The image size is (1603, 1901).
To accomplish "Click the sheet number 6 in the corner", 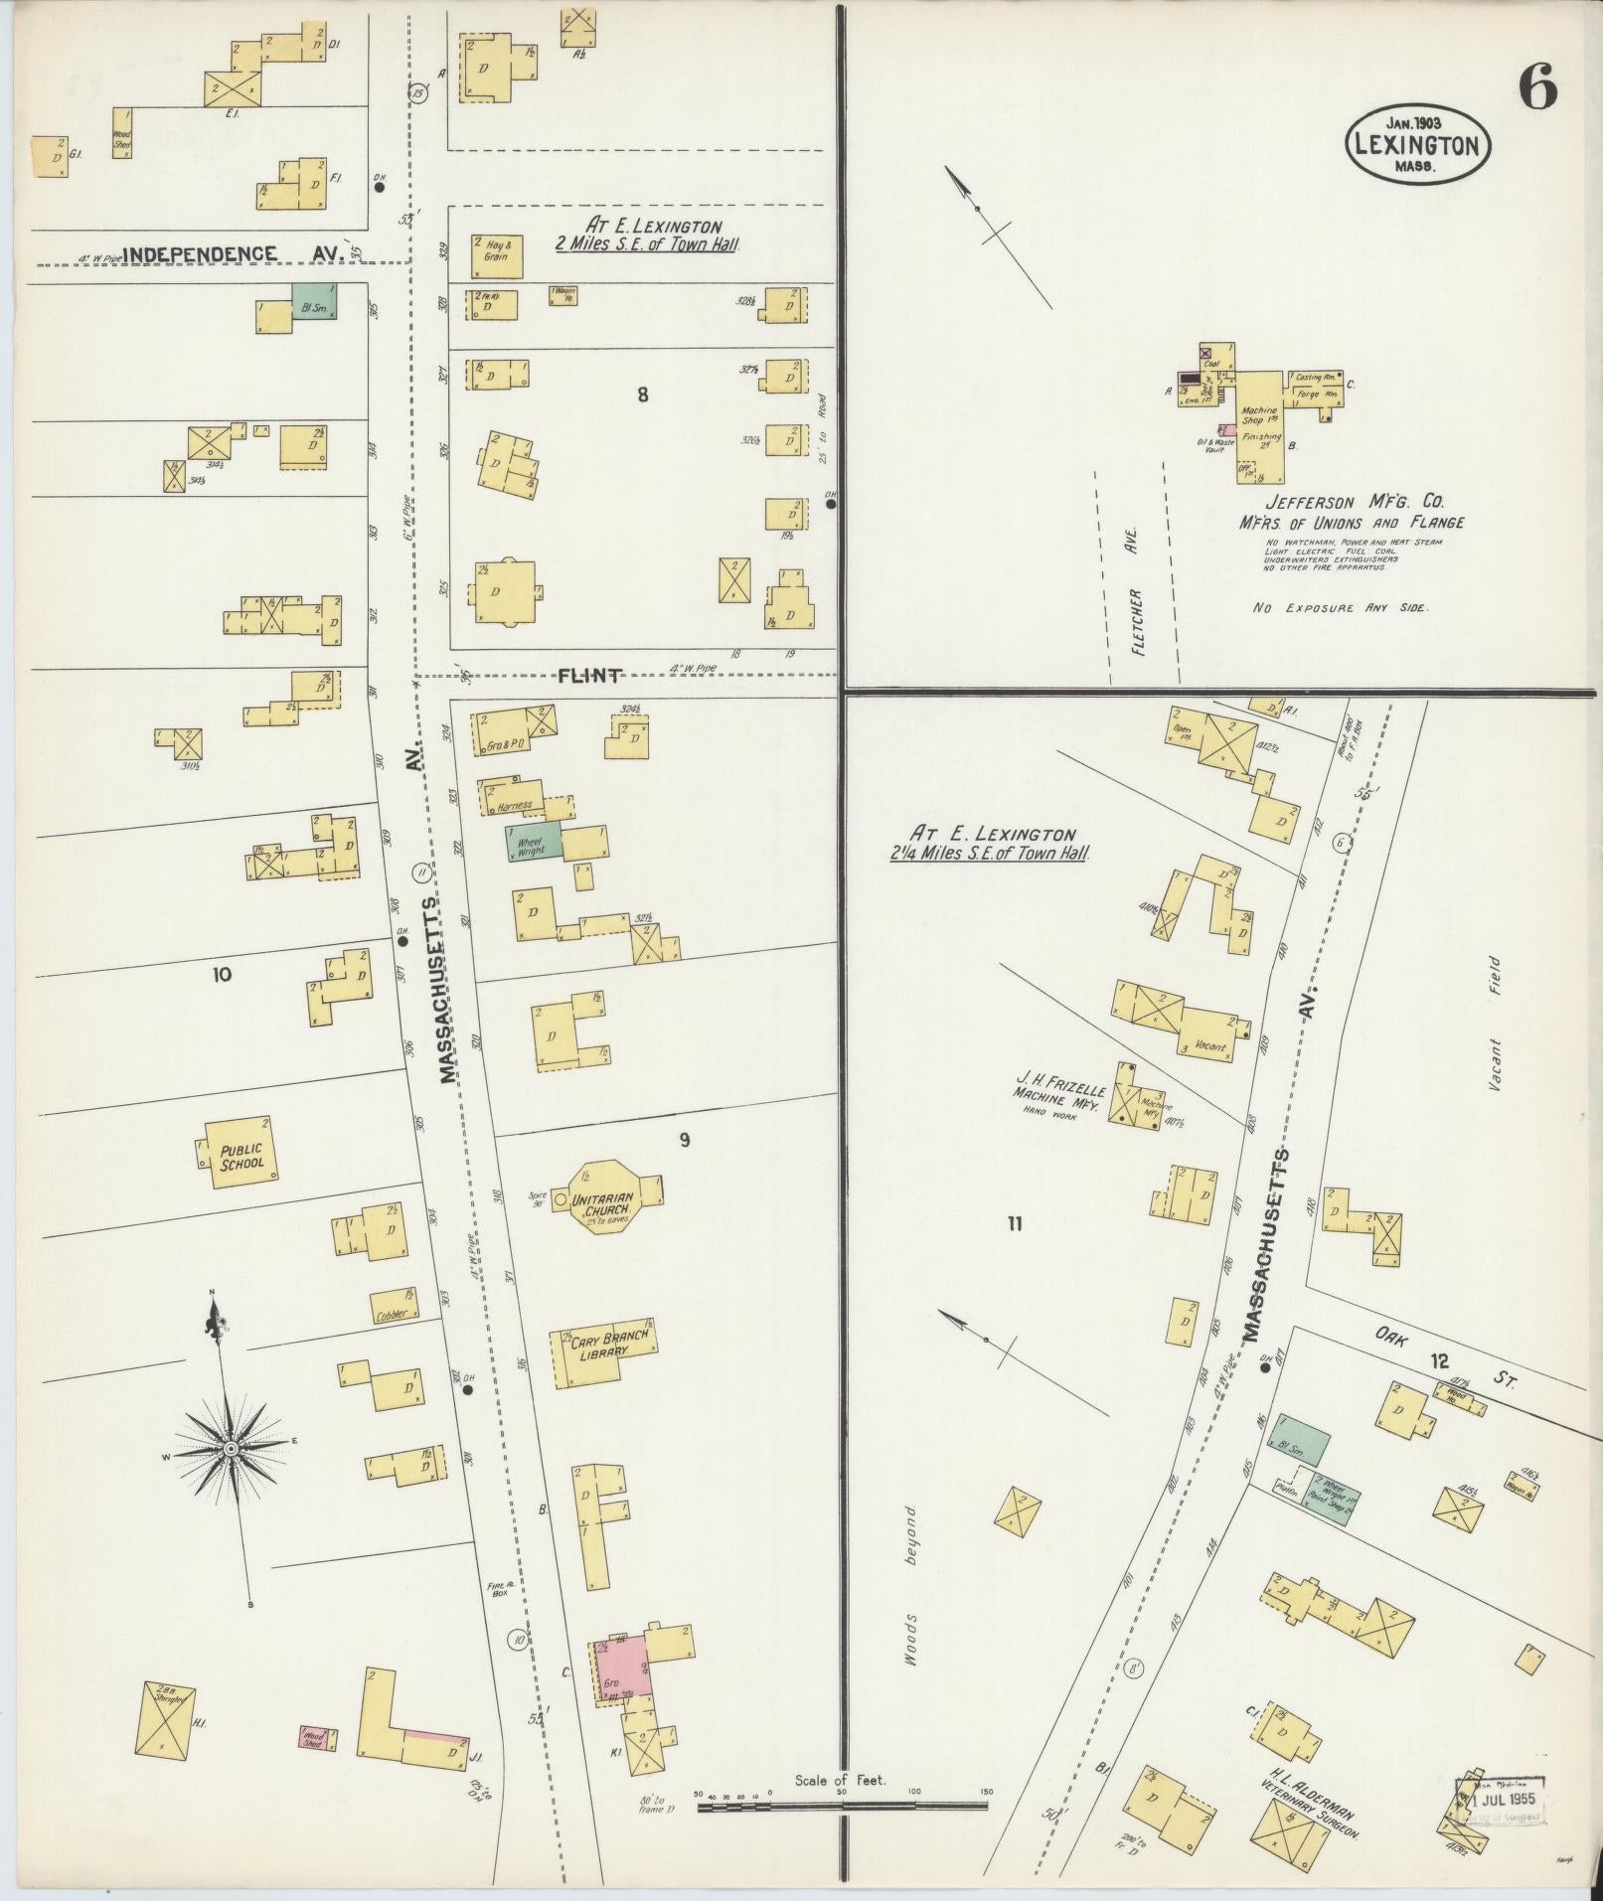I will tap(1536, 92).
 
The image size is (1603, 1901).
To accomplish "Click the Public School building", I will tap(240, 1154).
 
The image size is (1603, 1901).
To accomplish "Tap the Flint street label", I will tap(590, 676).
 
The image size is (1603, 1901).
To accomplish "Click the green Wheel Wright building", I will tap(535, 844).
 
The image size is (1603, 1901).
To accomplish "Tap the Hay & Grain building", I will tap(497, 256).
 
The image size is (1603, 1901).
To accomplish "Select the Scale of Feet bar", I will tap(843, 1804).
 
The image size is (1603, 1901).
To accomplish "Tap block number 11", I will tap(1013, 1224).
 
